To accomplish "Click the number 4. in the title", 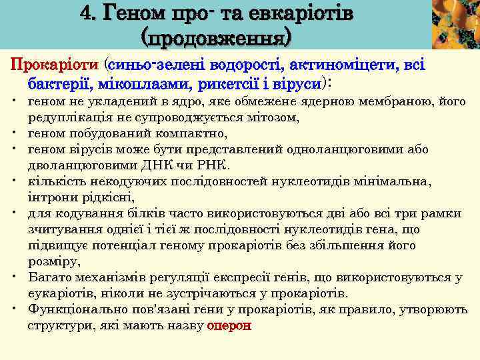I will click(x=89, y=13).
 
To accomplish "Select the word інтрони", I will click(x=53, y=197).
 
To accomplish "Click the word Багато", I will click(x=50, y=277).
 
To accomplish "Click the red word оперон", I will click(x=230, y=325).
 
